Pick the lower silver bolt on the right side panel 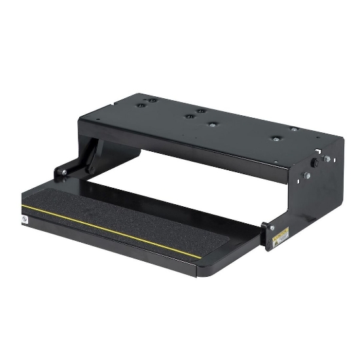point(306,175)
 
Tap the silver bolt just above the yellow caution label point(272,226)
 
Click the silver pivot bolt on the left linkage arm point(63,173)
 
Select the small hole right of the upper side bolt point(333,159)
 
